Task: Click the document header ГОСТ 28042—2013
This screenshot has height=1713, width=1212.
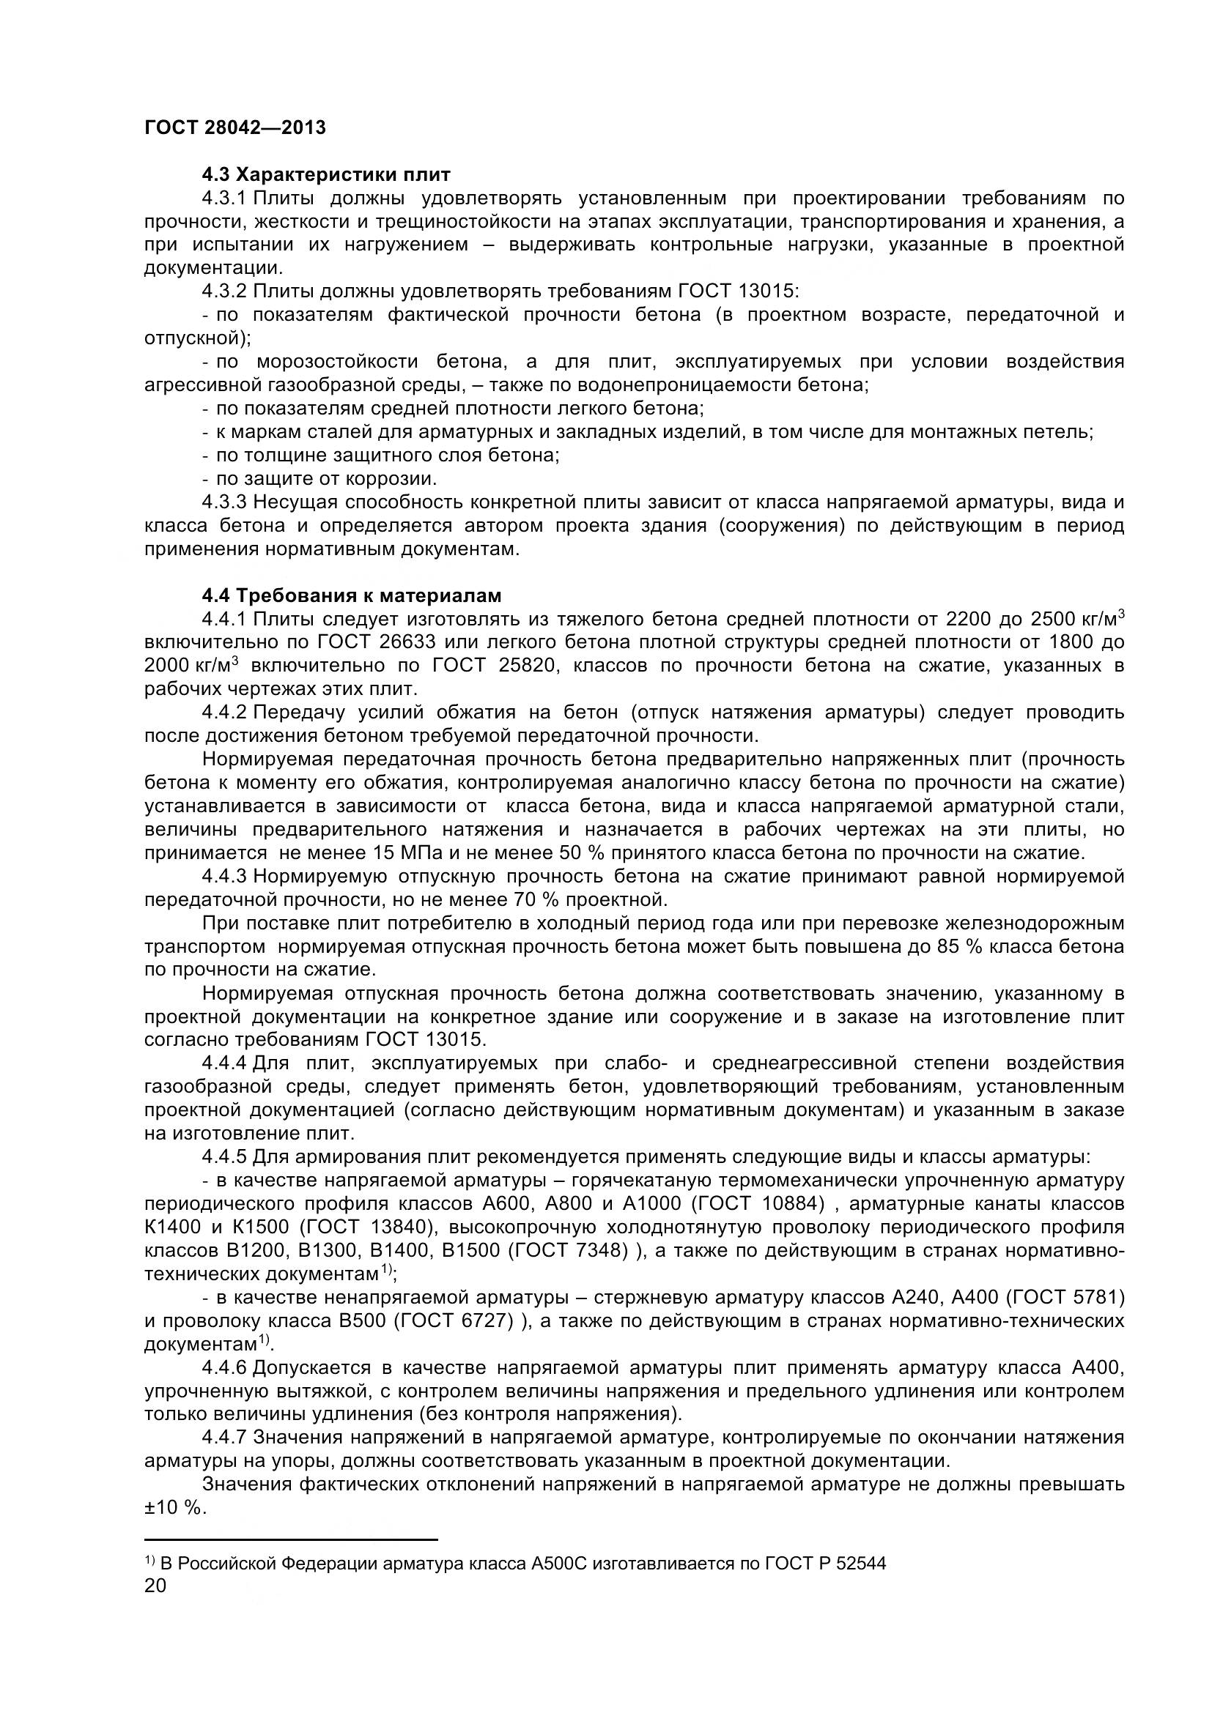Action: pyautogui.click(x=234, y=127)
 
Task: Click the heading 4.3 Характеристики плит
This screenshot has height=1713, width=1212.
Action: pyautogui.click(x=326, y=175)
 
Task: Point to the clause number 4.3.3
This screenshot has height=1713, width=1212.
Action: pyautogui.click(x=224, y=502)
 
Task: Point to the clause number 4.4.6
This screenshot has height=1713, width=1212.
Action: pyautogui.click(x=224, y=1367)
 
